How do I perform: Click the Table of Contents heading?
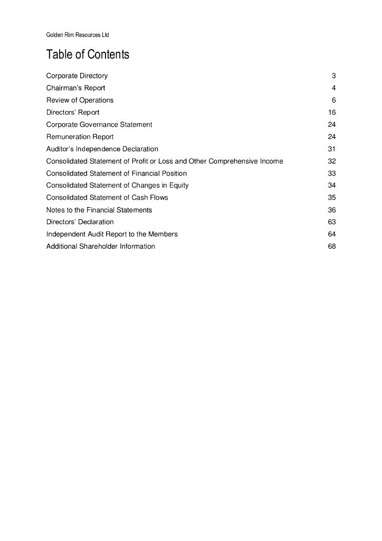point(88,55)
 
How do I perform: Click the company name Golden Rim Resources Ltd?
point(78,35)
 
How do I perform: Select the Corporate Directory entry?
point(77,76)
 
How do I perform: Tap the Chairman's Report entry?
point(75,88)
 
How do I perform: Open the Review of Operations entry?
point(80,100)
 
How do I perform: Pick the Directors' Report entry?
point(73,113)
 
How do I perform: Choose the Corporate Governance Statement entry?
point(99,125)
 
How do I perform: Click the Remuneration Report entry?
point(80,137)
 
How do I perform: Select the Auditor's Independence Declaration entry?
point(102,149)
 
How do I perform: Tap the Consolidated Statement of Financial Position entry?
point(117,173)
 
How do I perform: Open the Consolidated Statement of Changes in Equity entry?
point(117,185)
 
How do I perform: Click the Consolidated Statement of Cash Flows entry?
point(107,198)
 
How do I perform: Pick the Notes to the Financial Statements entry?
point(99,210)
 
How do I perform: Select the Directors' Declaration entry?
point(80,222)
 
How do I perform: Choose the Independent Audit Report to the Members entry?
point(112,234)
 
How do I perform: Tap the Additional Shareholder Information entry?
point(101,246)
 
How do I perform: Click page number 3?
point(334,76)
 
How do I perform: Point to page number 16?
point(332,113)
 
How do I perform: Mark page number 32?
point(332,161)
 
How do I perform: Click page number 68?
point(332,246)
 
